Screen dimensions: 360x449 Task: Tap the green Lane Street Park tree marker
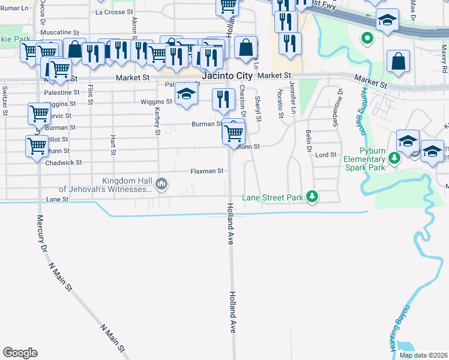point(312,197)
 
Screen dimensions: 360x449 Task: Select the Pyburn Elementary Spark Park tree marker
point(394,159)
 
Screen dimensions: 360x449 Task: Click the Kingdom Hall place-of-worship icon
point(161,184)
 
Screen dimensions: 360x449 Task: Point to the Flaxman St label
point(206,171)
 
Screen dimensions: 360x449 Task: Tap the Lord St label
point(326,155)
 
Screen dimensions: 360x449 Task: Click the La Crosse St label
point(114,12)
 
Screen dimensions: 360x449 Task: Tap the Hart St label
point(113,145)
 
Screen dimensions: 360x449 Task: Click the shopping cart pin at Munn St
point(234,133)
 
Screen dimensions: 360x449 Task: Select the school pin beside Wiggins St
point(187,95)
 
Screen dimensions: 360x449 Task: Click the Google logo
point(20,353)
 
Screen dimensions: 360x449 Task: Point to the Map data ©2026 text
point(423,355)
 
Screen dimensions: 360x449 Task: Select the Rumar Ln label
point(14,8)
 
